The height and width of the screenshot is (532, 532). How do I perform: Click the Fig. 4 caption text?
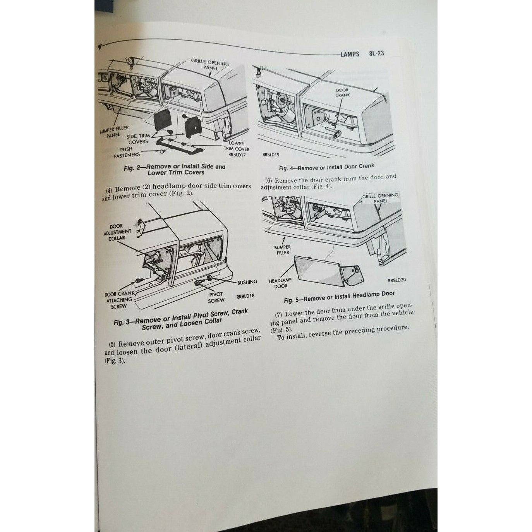(326, 167)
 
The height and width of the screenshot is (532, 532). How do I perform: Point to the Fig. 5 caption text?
(339, 297)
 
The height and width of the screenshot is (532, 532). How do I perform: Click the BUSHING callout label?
(247, 282)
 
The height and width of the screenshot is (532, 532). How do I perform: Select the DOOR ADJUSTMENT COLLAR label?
(117, 232)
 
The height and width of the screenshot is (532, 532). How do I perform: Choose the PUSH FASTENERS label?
(127, 152)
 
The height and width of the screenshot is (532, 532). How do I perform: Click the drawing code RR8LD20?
(396, 280)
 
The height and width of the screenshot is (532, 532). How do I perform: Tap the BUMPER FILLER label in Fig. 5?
(283, 250)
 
